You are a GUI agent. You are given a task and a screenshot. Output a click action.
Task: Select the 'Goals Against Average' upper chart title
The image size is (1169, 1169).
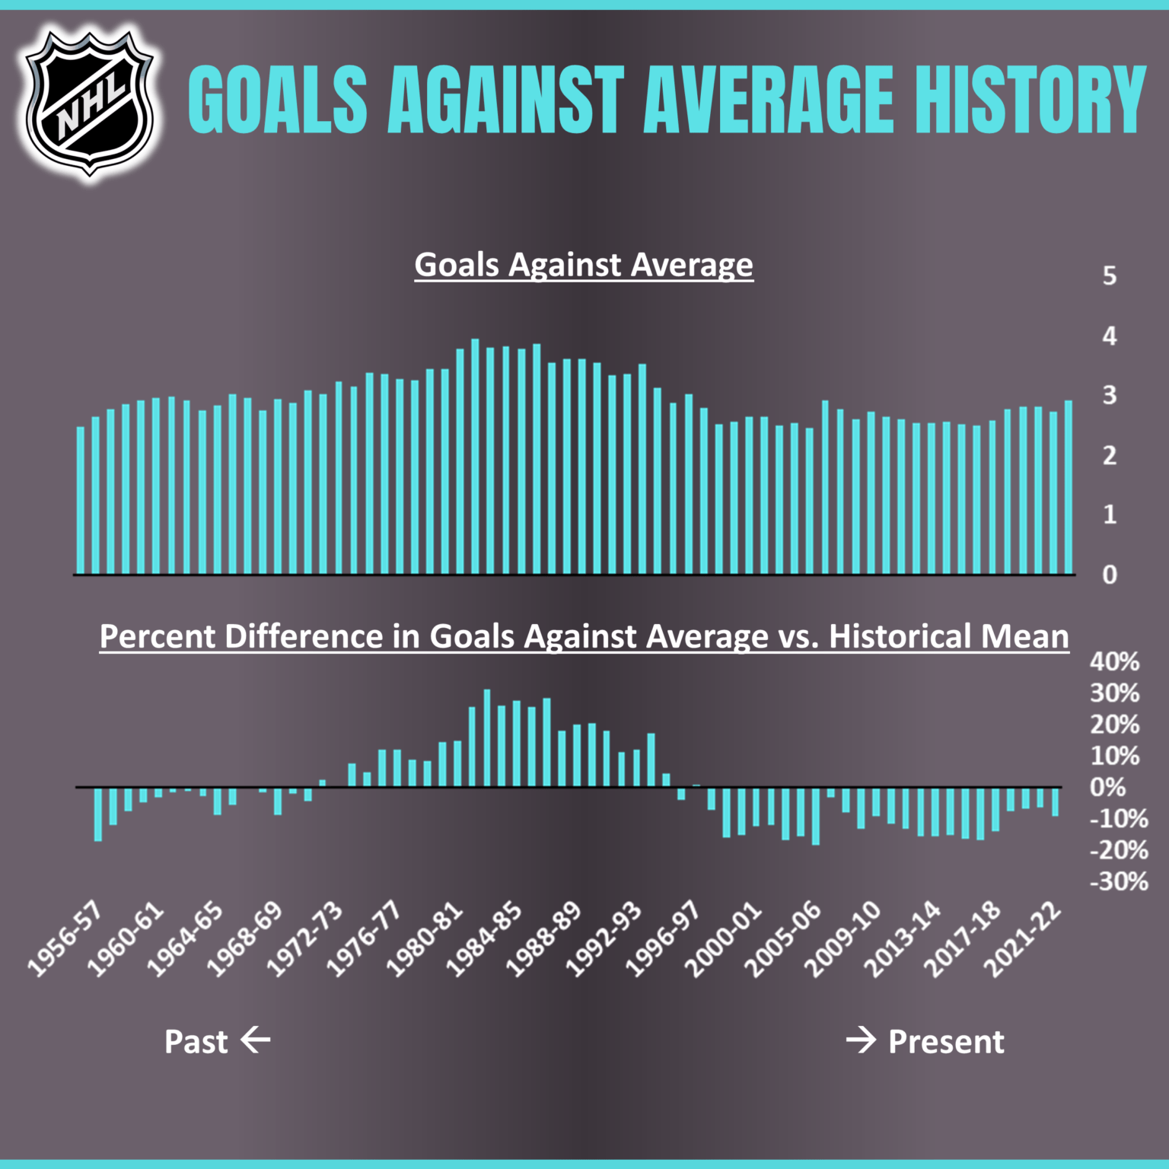tap(584, 265)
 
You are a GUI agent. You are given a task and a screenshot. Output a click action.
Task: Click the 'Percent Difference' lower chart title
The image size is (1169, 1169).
tap(584, 636)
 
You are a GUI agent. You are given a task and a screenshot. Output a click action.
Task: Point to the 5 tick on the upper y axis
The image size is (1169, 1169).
tap(1110, 276)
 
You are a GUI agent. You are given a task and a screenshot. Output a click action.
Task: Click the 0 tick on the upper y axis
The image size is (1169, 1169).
tap(1110, 575)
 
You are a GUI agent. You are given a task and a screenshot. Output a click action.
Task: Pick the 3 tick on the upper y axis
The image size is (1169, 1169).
tap(1110, 395)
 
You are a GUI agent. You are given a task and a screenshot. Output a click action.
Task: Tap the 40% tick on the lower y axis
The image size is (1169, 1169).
tap(1114, 661)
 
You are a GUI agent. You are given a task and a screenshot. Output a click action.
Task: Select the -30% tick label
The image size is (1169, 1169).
tap(1118, 881)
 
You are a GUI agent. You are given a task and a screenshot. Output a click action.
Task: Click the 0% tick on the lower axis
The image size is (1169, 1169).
tap(1107, 787)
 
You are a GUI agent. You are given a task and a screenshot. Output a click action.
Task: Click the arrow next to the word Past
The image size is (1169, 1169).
tap(256, 1040)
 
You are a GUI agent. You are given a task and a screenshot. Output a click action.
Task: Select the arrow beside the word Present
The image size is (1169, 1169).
tap(862, 1040)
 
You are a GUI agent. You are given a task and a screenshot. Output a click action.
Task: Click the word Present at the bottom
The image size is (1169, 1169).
tap(946, 1041)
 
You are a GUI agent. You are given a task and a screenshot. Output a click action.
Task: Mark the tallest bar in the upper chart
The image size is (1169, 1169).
tap(475, 457)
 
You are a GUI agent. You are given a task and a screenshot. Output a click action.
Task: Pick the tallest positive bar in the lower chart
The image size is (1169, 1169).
tap(487, 738)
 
